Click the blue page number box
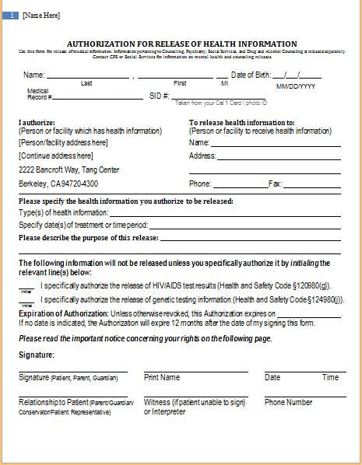click(12, 16)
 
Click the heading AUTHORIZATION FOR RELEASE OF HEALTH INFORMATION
click(181, 44)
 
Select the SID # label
click(158, 96)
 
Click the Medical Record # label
click(39, 94)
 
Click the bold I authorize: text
click(37, 123)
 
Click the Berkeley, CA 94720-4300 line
click(58, 184)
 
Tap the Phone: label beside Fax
click(200, 184)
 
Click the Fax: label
click(275, 184)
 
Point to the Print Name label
click(162, 377)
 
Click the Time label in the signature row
click(330, 377)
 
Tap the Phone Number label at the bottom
click(288, 402)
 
